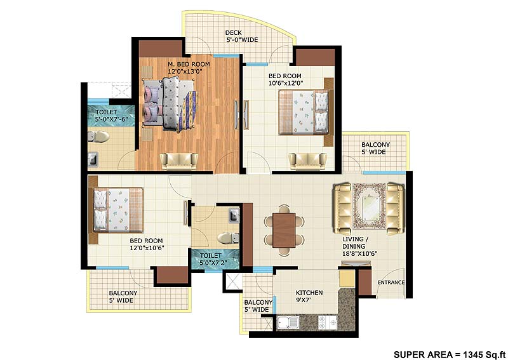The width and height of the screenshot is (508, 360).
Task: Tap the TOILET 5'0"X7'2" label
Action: [x=216, y=258]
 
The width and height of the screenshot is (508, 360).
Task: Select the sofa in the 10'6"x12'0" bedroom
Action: [x=302, y=161]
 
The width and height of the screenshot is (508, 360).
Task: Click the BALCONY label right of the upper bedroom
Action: [x=376, y=149]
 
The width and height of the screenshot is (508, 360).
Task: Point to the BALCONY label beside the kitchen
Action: [x=258, y=306]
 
